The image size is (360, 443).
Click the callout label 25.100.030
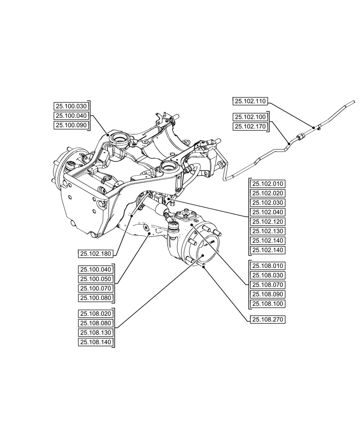pyautogui.click(x=71, y=106)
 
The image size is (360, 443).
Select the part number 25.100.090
pyautogui.click(x=71, y=126)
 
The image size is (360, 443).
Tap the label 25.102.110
pyautogui.click(x=250, y=101)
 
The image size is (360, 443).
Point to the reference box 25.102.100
pyautogui.click(x=250, y=117)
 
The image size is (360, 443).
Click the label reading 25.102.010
pyautogui.click(x=268, y=184)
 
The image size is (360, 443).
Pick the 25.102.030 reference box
pyautogui.click(x=268, y=203)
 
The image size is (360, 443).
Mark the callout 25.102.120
pyautogui.click(x=268, y=222)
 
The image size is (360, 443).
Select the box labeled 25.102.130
pyautogui.click(x=268, y=231)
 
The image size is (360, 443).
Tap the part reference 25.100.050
pyautogui.click(x=96, y=279)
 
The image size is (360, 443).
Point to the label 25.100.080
pyautogui.click(x=96, y=298)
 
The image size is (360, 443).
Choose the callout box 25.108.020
pyautogui.click(x=96, y=314)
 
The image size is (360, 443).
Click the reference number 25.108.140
pyautogui.click(x=96, y=342)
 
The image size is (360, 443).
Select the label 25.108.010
pyautogui.click(x=268, y=266)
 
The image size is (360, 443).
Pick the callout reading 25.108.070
pyautogui.click(x=268, y=285)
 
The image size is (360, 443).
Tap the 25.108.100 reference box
pyautogui.click(x=268, y=304)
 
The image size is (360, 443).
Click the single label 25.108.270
pyautogui.click(x=268, y=319)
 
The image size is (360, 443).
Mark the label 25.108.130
pyautogui.click(x=96, y=333)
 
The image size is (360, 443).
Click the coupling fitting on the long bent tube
pyautogui.click(x=300, y=137)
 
